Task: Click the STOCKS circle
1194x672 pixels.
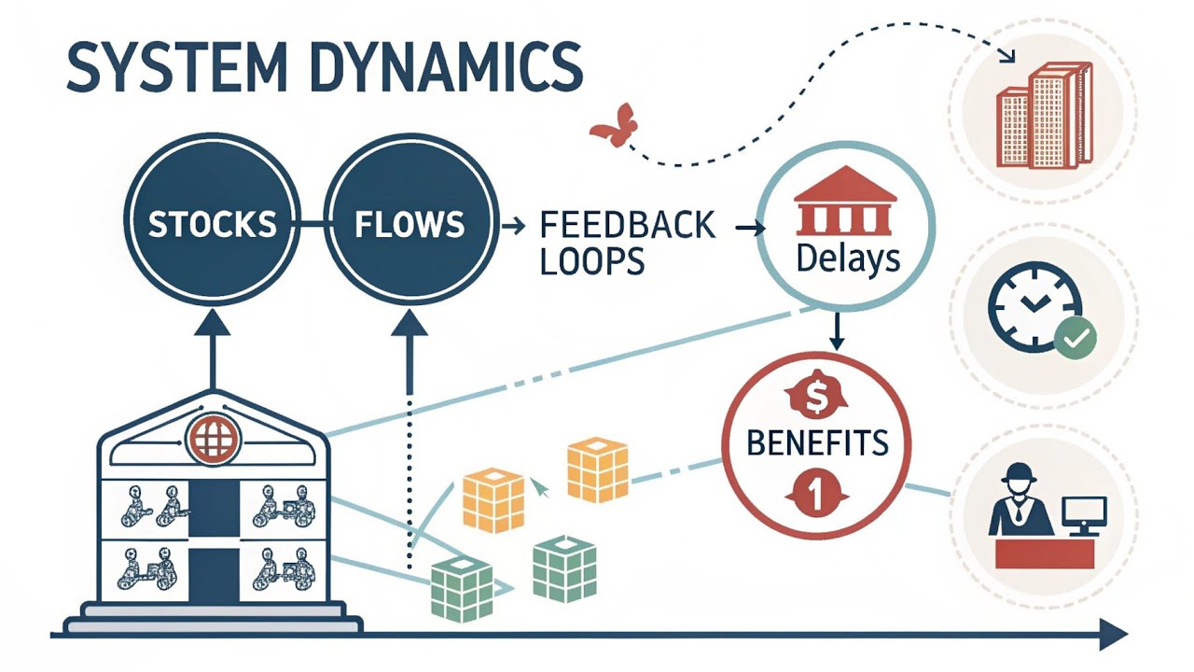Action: [x=214, y=224]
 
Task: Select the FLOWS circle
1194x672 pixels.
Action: [x=410, y=224]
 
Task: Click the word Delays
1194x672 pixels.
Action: [x=848, y=259]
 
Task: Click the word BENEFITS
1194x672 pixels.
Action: [x=817, y=441]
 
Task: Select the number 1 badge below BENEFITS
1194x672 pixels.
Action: [x=815, y=494]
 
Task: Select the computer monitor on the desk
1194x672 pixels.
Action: [x=1084, y=514]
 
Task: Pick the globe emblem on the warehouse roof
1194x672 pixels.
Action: [x=214, y=438]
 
